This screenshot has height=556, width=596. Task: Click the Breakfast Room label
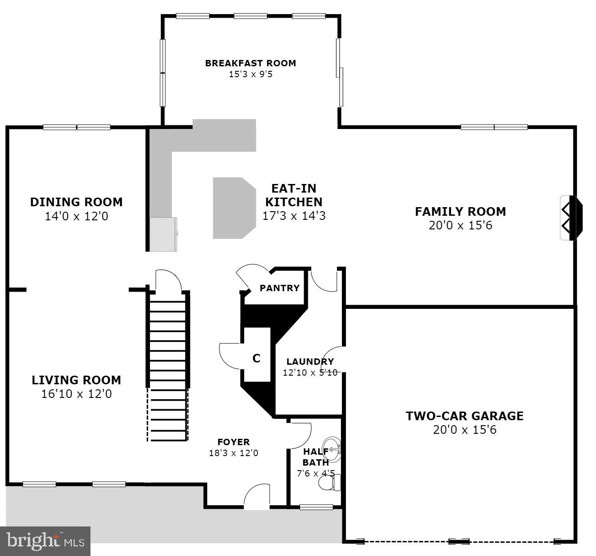(x=250, y=63)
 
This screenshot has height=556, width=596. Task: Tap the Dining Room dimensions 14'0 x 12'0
(x=76, y=216)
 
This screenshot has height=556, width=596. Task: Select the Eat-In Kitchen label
(x=294, y=195)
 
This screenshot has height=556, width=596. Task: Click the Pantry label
(x=279, y=288)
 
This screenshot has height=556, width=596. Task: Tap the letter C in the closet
(x=256, y=358)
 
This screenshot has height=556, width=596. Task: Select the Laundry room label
(x=310, y=362)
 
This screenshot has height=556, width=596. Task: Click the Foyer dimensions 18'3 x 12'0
(x=233, y=453)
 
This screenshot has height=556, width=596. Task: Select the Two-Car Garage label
(x=464, y=416)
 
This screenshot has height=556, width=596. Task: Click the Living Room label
(x=76, y=380)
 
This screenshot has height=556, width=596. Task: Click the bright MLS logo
(x=45, y=541)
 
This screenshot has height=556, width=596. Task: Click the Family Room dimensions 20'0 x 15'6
(x=460, y=225)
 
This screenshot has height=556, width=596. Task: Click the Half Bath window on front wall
(x=316, y=507)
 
